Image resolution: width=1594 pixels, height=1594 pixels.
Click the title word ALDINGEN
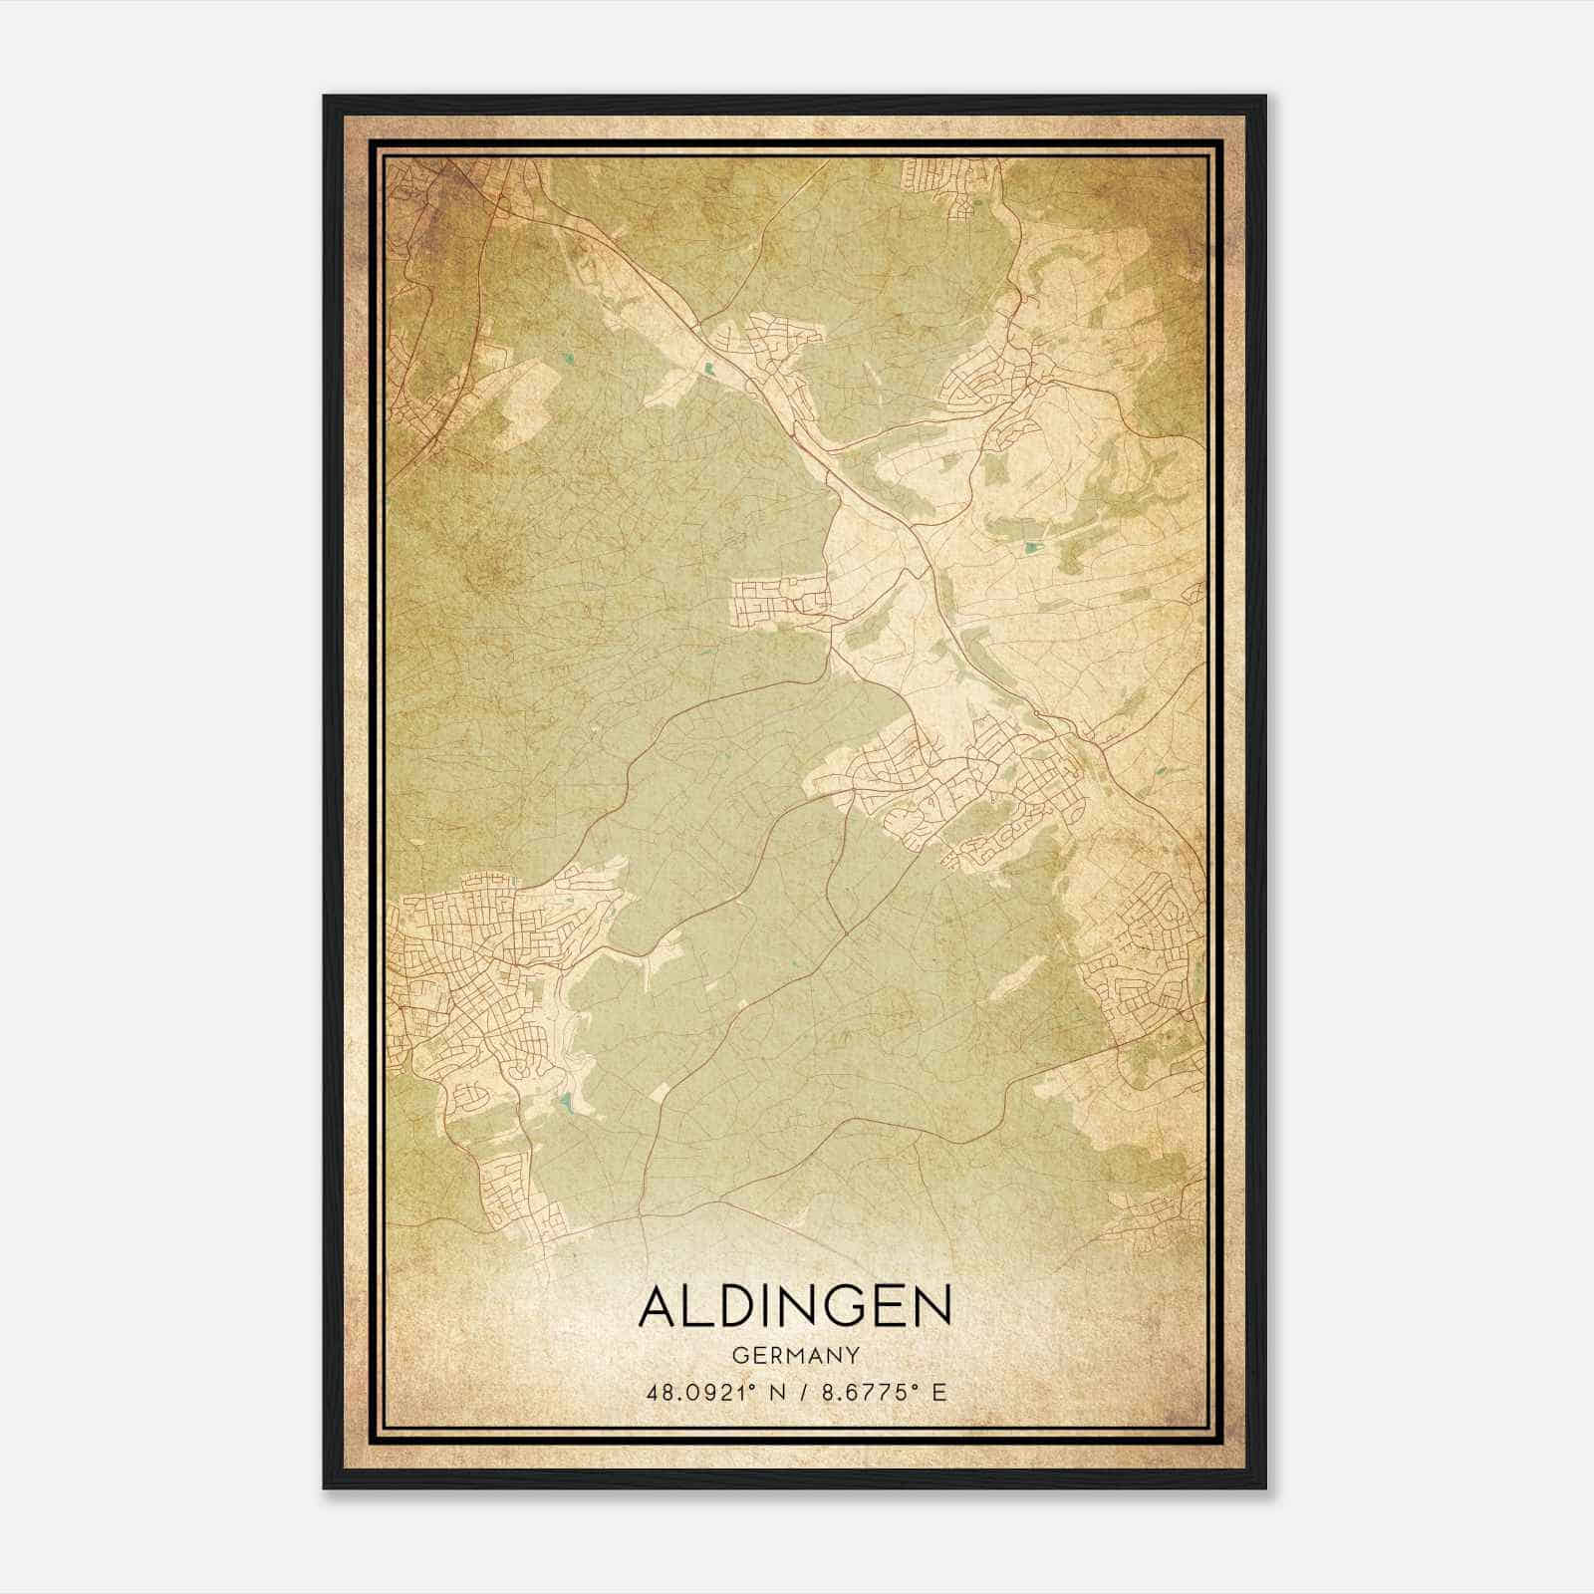pos(794,1307)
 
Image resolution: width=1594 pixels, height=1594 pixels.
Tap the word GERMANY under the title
pos(794,1356)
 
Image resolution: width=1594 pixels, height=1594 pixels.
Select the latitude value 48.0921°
pos(704,1392)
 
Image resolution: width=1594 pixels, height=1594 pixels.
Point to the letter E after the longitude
pos(937,1392)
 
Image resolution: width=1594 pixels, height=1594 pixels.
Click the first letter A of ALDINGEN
pos(662,1307)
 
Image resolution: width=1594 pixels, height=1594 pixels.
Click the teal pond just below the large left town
pos(565,1102)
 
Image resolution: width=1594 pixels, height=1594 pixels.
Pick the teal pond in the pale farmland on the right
pos(1030,546)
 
